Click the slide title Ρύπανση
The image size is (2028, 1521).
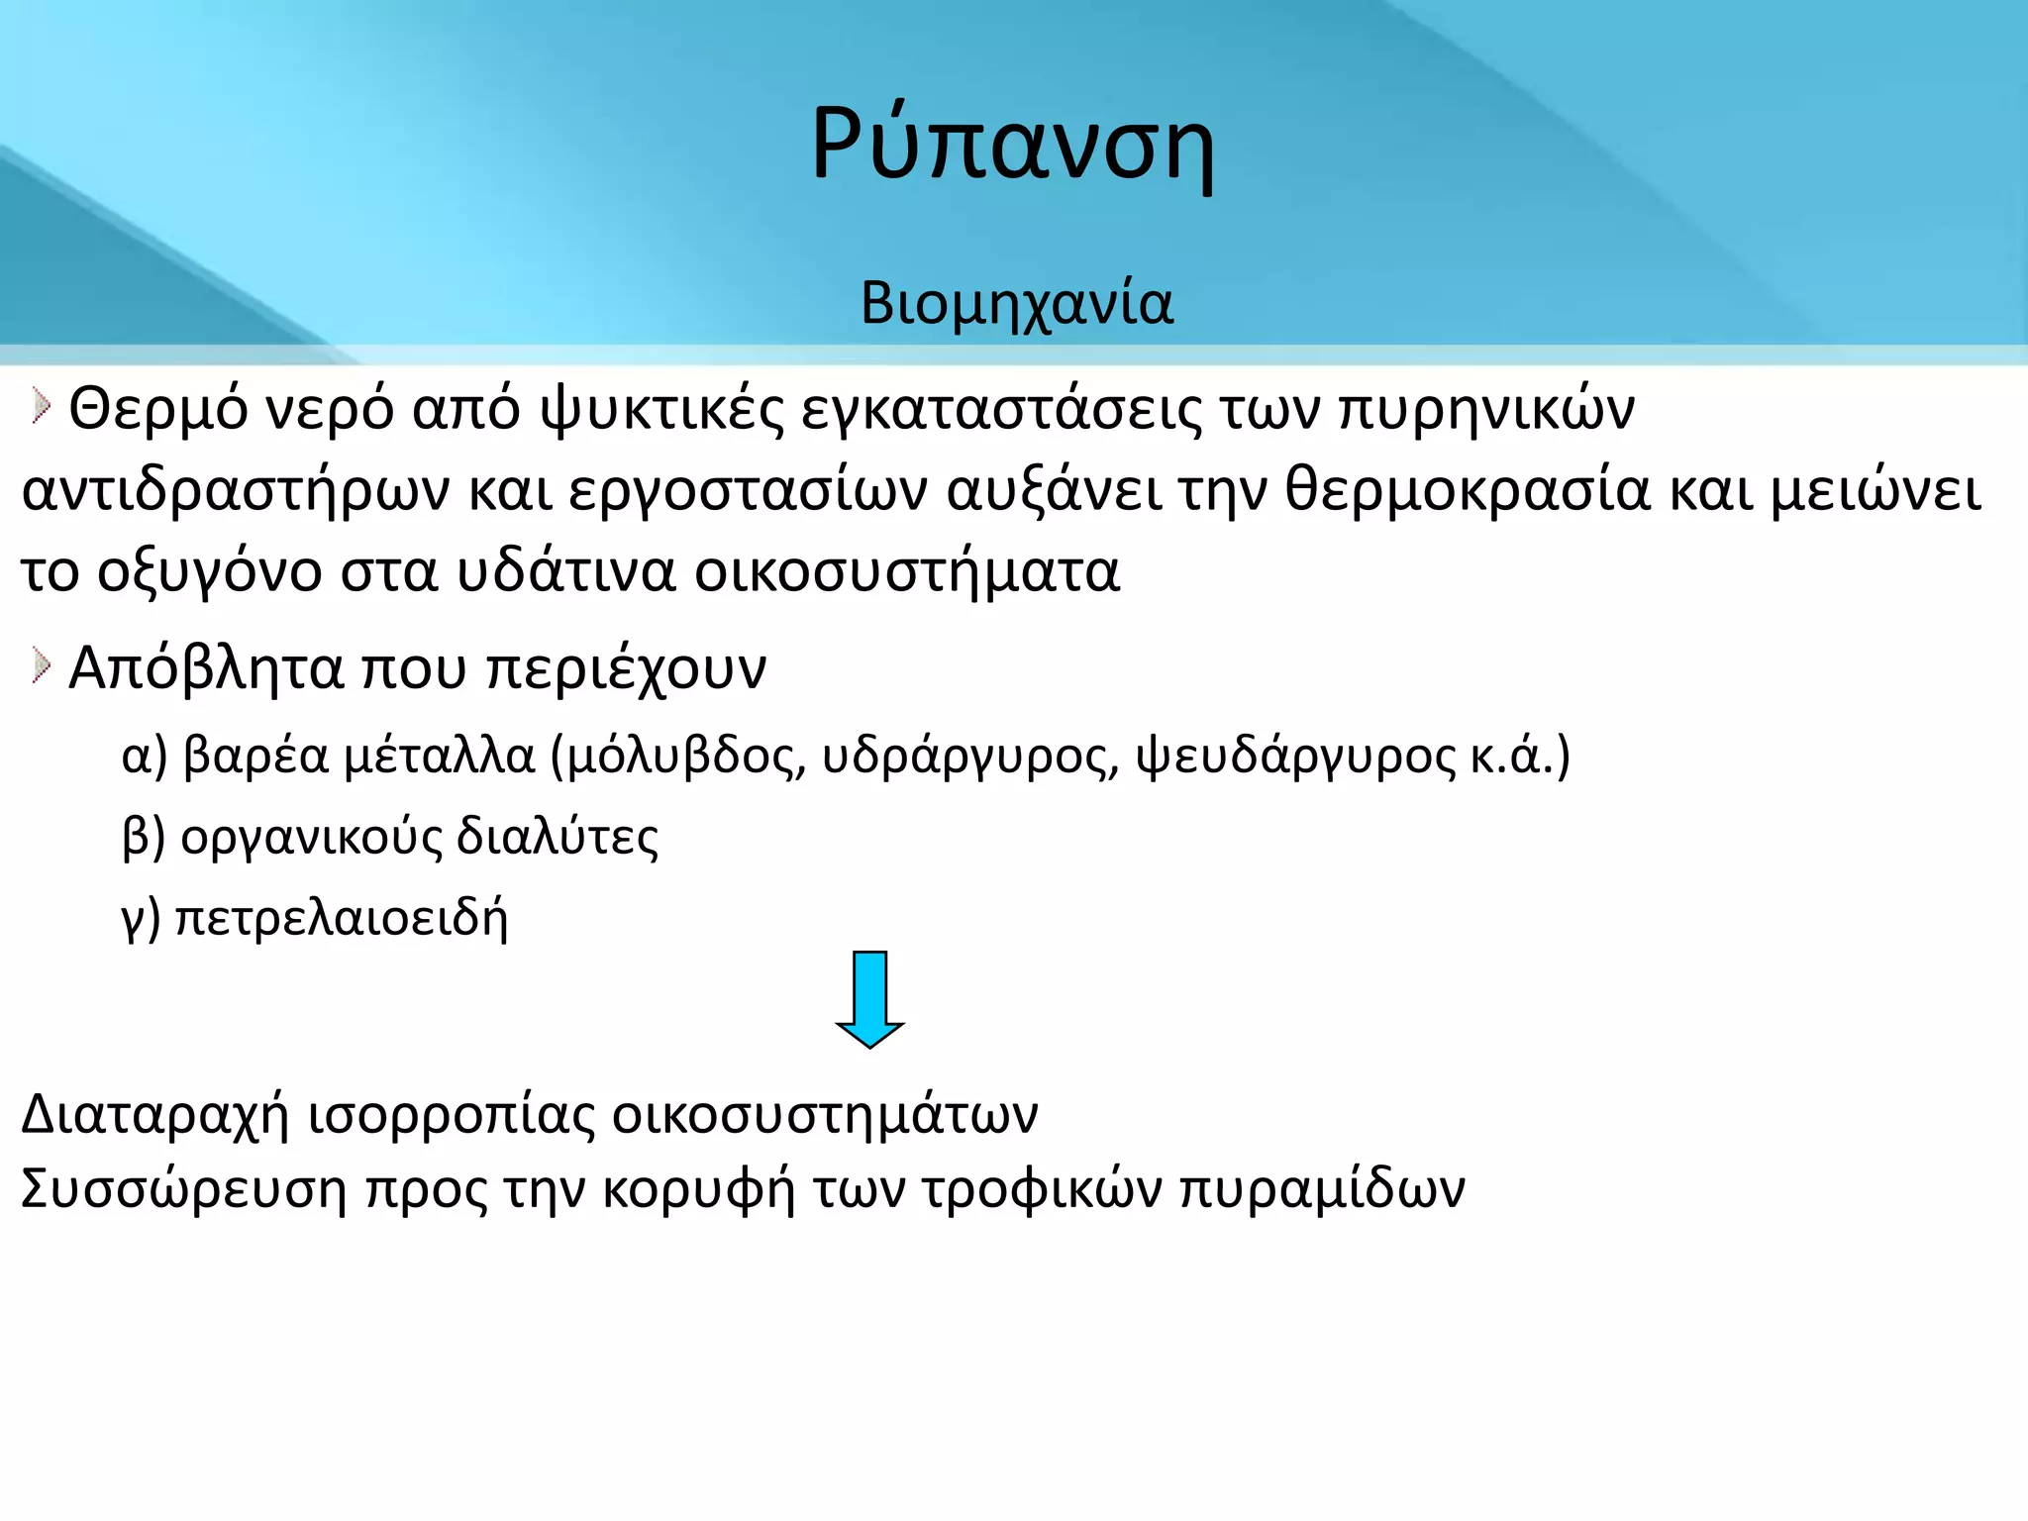point(1012,145)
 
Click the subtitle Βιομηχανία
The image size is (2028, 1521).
point(1016,303)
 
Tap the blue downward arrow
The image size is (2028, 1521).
point(869,998)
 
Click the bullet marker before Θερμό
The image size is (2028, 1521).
point(40,406)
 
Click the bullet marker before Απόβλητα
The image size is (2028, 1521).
point(40,665)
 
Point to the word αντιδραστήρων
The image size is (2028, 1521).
point(236,491)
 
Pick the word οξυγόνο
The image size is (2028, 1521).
point(209,572)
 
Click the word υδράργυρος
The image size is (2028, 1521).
point(970,757)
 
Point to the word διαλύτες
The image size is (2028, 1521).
point(557,838)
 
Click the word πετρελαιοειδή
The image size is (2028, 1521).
point(342,919)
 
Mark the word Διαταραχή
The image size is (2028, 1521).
point(154,1115)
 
